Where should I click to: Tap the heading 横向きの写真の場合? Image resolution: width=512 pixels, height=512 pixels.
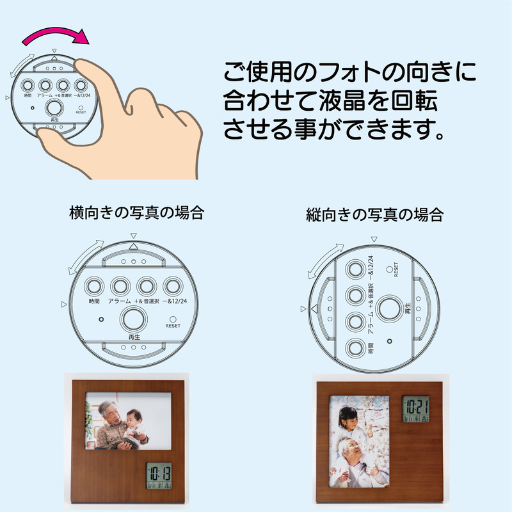pyautogui.click(x=136, y=213)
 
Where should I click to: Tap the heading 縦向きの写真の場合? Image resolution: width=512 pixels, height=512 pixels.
pyautogui.click(x=374, y=215)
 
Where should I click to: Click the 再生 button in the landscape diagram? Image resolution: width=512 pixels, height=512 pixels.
pyautogui.click(x=134, y=318)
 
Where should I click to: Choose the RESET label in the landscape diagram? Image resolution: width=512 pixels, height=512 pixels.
pyautogui.click(x=173, y=326)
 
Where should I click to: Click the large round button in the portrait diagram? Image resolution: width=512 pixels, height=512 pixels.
pyautogui.click(x=388, y=308)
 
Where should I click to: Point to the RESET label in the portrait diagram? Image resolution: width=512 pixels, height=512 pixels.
pyautogui.click(x=397, y=269)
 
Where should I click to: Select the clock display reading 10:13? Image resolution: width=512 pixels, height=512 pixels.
pyautogui.click(x=157, y=476)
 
